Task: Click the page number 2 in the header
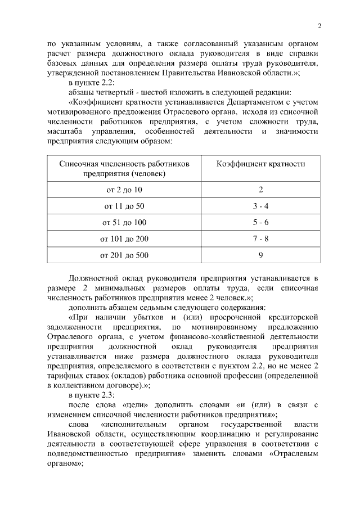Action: coord(319,26)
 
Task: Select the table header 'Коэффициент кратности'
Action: coord(261,164)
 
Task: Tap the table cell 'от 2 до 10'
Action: coord(124,190)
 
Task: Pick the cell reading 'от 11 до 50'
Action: coord(124,206)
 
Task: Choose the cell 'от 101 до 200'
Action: coord(124,238)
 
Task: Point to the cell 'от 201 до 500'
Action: coord(124,255)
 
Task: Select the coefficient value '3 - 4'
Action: coord(261,206)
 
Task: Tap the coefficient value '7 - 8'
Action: coord(261,238)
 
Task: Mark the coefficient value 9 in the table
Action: coord(261,255)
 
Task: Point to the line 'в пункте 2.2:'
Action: coord(91,83)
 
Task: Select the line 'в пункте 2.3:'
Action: coord(91,395)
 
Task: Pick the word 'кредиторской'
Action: coord(294,317)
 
